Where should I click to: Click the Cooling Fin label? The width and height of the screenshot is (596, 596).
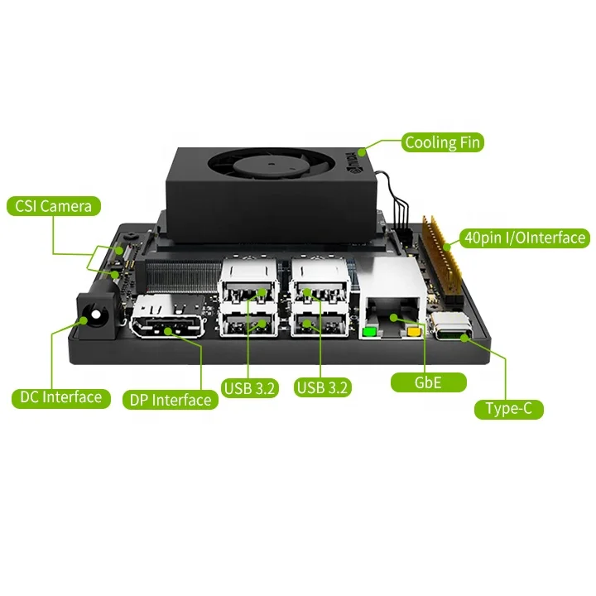point(442,142)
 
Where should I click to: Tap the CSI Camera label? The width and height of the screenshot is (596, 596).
point(54,206)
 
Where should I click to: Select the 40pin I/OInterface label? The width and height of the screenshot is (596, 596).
point(525,238)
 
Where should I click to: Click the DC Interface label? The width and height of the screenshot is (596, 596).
point(60,397)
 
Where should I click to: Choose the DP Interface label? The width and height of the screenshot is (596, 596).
point(171,400)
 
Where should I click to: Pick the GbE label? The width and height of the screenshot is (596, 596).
point(429,382)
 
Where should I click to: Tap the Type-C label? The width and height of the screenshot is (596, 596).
point(509,409)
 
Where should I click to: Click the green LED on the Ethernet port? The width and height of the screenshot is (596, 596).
point(369,332)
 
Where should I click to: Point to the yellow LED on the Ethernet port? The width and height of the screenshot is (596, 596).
point(414,332)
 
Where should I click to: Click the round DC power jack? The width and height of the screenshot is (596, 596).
point(96,315)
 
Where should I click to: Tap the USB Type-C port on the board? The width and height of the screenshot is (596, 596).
point(453,327)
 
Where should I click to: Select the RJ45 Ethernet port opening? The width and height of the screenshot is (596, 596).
point(393,315)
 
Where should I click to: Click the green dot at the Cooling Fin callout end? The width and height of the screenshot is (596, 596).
point(362,152)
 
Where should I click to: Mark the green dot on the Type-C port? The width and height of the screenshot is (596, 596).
point(465,338)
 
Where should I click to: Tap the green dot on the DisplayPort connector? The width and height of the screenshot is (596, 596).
point(168,331)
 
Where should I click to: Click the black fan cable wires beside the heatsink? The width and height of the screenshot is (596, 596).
point(397,201)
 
